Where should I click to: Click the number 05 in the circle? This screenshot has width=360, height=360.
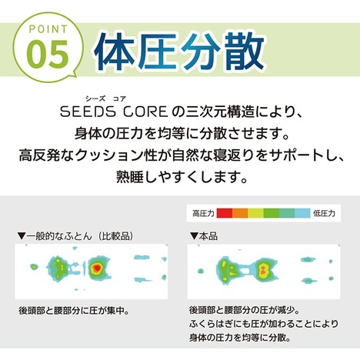48,54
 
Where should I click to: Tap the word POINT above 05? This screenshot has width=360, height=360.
48,29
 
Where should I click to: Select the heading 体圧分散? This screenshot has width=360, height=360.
179,52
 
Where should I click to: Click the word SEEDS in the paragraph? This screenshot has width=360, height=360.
88,112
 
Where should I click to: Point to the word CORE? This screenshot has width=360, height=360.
145,112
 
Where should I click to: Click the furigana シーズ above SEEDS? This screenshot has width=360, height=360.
95,98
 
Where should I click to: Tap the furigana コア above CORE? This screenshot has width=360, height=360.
119,98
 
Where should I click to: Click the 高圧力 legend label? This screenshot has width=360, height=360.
203,213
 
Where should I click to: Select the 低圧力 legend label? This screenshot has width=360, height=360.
324,213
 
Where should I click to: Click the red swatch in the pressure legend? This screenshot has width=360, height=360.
225,213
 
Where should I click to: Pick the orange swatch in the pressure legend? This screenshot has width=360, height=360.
240,213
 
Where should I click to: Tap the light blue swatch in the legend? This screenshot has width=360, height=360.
302,213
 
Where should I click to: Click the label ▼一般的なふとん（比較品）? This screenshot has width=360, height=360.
75,236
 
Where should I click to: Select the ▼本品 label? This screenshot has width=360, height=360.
204,236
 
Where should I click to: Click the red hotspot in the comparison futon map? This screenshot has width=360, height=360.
97,268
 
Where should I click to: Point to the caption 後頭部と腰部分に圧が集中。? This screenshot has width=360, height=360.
74,311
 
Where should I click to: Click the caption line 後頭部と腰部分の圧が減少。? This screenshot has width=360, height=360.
245,310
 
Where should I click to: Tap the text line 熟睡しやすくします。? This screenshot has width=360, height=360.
182,176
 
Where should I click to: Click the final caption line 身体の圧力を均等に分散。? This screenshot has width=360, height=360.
240,338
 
